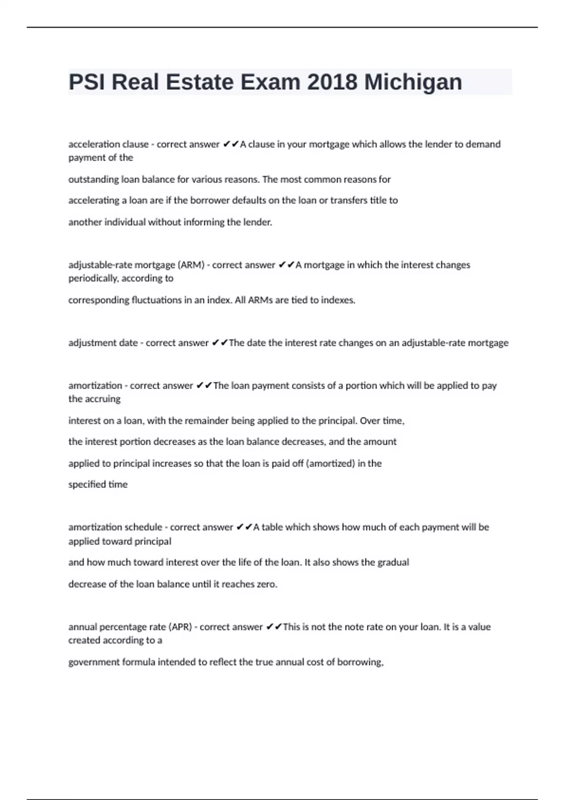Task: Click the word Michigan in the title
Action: coord(413,82)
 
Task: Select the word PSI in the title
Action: coord(87,82)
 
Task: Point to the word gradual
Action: coord(393,562)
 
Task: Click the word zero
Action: coord(267,584)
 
